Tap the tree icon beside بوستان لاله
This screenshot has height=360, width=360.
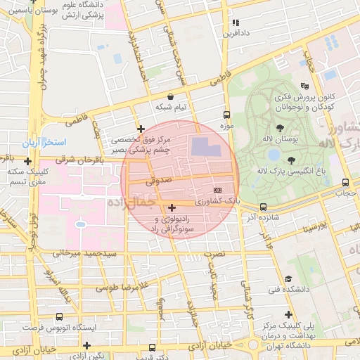click(x=281, y=128)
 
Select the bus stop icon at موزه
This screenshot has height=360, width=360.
click(x=226, y=115)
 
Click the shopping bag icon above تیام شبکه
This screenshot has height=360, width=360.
click(x=171, y=96)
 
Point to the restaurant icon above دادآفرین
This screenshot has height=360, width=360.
click(x=236, y=22)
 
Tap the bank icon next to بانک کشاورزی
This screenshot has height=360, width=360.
click(x=217, y=190)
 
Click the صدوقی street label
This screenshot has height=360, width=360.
click(x=158, y=181)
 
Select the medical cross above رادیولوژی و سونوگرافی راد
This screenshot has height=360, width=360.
click(x=172, y=207)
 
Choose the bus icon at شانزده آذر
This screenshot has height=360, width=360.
click(x=263, y=207)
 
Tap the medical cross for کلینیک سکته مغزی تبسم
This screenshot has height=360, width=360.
click(x=27, y=161)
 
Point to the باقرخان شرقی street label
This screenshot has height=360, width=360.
click(x=85, y=160)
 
